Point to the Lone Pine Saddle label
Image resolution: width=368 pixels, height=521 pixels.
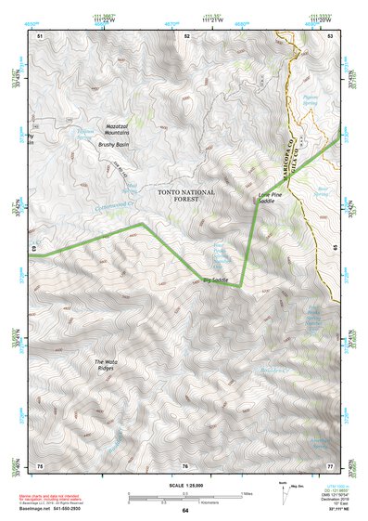269,198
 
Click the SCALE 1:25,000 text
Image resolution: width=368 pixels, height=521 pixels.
184,483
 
